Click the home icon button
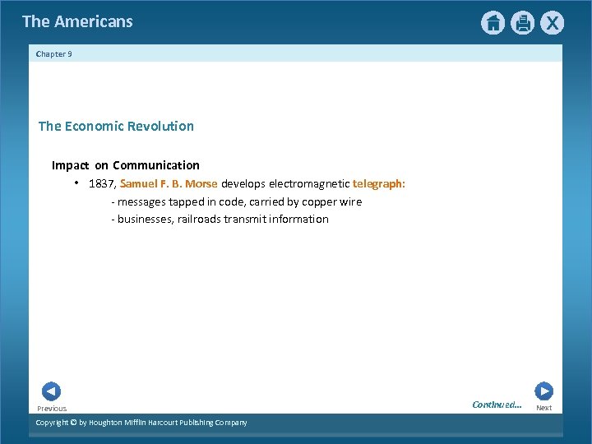(x=493, y=23)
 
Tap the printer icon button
(x=522, y=23)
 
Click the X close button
(x=552, y=23)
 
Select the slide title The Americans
(x=77, y=22)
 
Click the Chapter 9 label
(x=54, y=54)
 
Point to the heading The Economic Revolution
(x=116, y=126)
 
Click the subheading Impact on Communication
(x=126, y=165)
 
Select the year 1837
(x=102, y=184)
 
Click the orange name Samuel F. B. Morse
(x=169, y=184)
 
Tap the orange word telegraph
(x=377, y=184)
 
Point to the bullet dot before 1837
(x=75, y=183)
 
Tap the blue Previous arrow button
(x=51, y=392)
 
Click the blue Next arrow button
(x=543, y=391)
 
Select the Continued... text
(x=497, y=405)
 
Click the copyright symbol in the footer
(x=72, y=423)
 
